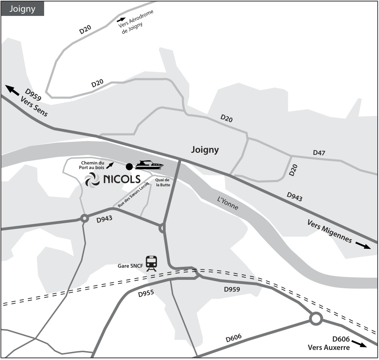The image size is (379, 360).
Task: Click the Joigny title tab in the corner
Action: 23,8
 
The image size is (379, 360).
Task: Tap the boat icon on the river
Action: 149,165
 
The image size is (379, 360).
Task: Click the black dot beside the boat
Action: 129,167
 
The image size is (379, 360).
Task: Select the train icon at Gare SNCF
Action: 152,263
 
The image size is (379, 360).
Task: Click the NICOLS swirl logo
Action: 92,180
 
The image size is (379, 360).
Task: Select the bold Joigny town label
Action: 205,150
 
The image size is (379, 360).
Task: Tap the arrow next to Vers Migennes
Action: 363,245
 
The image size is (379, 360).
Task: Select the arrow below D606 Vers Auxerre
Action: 359,344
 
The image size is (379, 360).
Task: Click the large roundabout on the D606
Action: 316,319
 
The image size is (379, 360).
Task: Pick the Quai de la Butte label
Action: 161,183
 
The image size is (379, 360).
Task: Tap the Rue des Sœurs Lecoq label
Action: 133,196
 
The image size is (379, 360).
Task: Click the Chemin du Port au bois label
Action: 92,165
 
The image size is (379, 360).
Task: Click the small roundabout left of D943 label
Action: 84,218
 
